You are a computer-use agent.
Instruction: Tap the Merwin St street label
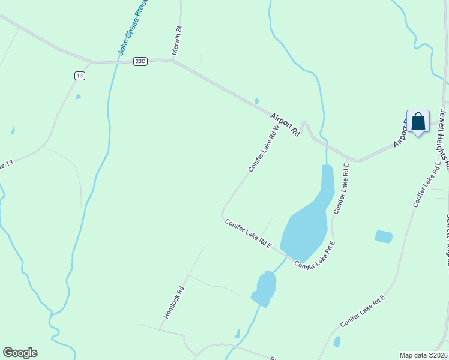(177, 41)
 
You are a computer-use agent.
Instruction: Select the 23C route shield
(140, 61)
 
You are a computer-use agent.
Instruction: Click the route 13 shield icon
(80, 75)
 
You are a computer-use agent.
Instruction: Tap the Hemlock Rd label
(173, 301)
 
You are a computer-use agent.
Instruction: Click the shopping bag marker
(418, 122)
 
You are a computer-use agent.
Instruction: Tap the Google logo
(20, 353)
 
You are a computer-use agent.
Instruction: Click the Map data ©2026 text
(423, 355)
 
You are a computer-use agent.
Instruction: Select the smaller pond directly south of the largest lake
(265, 287)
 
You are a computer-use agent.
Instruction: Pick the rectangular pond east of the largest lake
(384, 236)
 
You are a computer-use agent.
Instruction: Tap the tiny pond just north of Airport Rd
(257, 101)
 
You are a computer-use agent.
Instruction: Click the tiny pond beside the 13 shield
(78, 97)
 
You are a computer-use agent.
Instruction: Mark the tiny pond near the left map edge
(13, 130)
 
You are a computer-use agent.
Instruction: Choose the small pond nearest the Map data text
(337, 342)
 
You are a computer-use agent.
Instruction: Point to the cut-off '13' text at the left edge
(6, 165)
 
